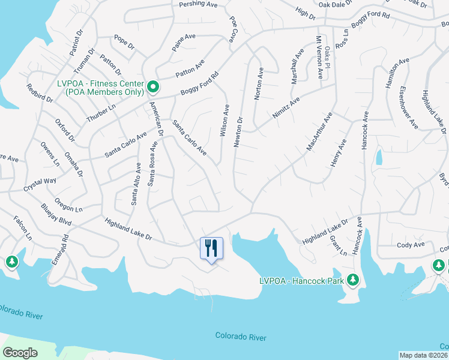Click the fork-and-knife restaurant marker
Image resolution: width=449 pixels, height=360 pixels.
coord(211,247)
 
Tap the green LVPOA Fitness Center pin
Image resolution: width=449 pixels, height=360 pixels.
coord(153,88)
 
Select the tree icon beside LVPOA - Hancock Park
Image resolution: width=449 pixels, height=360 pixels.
coord(354,280)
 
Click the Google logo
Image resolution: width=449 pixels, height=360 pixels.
coord(20,352)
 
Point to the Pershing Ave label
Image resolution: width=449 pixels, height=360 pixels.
coord(198,4)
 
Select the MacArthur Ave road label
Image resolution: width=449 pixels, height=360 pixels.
coord(319,131)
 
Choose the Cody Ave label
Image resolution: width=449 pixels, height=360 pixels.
coord(411,245)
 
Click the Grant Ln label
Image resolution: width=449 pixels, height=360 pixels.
coord(339,246)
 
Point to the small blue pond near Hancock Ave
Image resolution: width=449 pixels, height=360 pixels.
coord(379,157)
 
